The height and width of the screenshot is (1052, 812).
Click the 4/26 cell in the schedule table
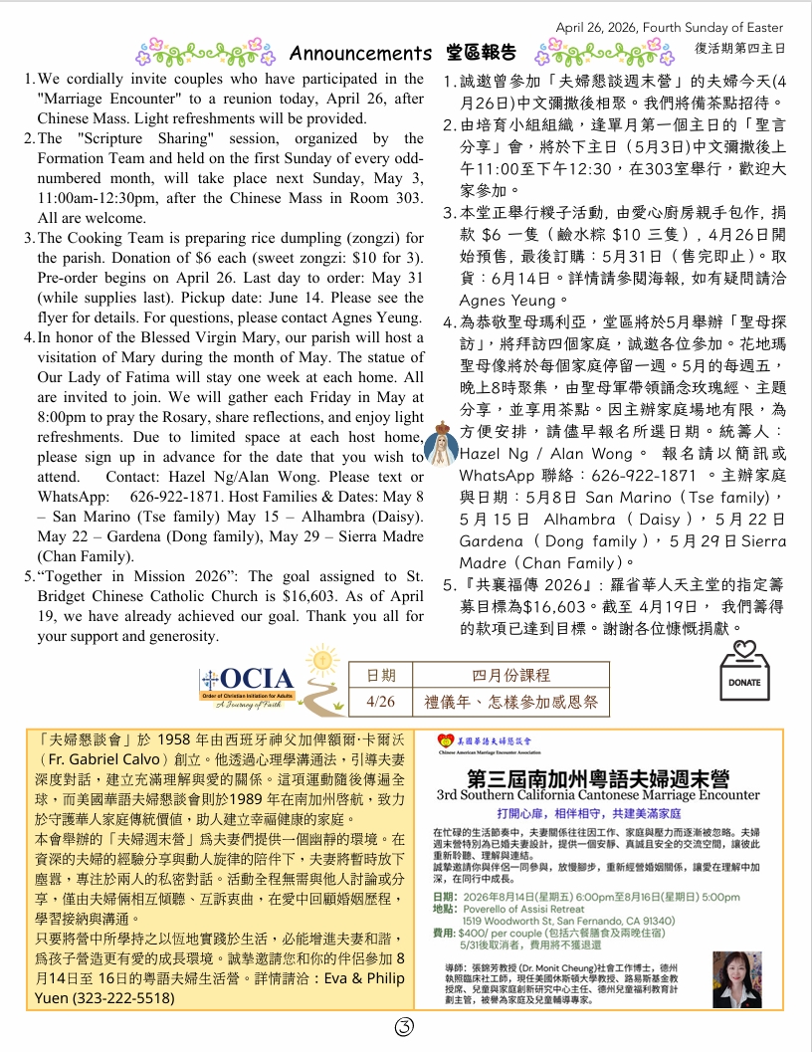pyautogui.click(x=380, y=702)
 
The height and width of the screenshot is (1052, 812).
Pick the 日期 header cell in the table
pyautogui.click(x=380, y=674)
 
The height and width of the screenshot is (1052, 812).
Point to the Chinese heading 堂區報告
pyautogui.click(x=483, y=53)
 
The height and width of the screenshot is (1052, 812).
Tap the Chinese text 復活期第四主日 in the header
pyautogui.click(x=738, y=46)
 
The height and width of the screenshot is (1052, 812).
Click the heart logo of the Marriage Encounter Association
pyautogui.click(x=445, y=741)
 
